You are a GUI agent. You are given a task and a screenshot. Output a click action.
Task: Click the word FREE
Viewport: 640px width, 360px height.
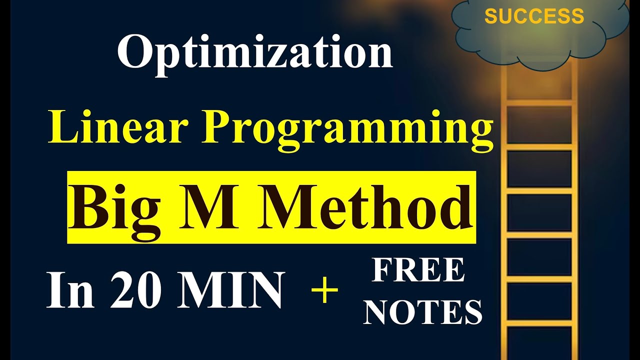click(418, 270)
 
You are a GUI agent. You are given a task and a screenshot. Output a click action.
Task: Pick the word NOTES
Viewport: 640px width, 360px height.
click(423, 312)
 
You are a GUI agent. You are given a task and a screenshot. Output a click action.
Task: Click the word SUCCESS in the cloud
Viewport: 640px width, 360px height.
click(534, 17)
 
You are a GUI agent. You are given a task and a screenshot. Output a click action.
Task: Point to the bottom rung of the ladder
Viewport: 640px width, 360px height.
click(540, 322)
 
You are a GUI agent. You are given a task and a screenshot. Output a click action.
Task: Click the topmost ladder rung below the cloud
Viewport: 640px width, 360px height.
click(540, 102)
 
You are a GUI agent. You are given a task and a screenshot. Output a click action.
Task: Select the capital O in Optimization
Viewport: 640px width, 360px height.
click(134, 53)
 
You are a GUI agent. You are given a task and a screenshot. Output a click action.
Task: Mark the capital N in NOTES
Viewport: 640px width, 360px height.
click(380, 312)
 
